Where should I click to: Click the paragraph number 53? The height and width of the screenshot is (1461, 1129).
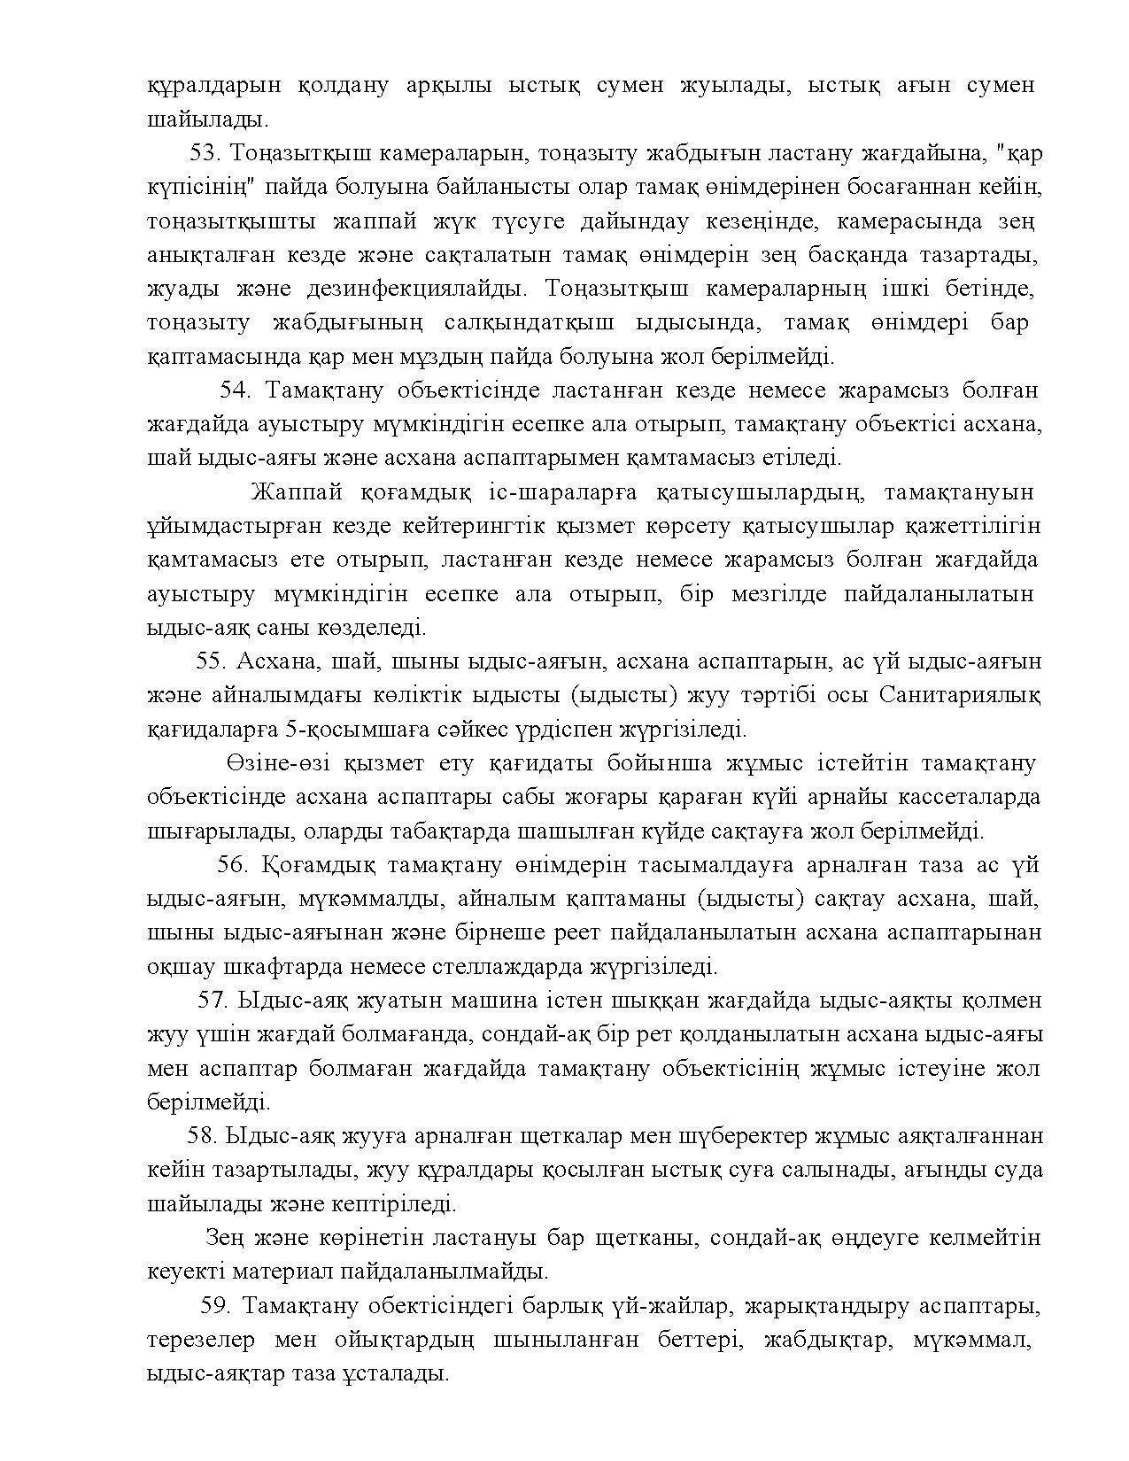pyautogui.click(x=204, y=153)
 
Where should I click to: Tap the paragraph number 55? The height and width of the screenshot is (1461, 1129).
pyautogui.click(x=213, y=661)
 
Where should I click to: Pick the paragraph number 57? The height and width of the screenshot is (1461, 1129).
pyautogui.click(x=213, y=1001)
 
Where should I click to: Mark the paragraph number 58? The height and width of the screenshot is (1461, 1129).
pyautogui.click(x=203, y=1136)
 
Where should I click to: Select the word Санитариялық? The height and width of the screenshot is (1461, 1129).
pyautogui.click(x=961, y=695)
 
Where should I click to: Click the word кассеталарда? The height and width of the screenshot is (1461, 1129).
pyautogui.click(x=970, y=797)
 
